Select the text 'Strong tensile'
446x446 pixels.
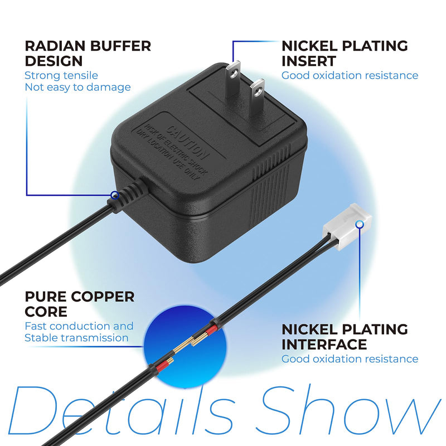pos(61,75)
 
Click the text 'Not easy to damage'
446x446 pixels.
pos(77,87)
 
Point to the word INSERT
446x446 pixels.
pos(309,61)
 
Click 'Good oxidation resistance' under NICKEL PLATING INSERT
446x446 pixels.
pos(350,75)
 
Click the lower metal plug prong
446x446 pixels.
pos(257,96)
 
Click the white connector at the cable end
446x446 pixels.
pos(347,226)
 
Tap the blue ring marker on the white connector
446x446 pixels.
pos(360,225)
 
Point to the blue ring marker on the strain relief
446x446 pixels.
pos(115,195)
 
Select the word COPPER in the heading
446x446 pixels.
pos(103,297)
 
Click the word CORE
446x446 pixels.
pos(46,312)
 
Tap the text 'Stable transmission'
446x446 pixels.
pos(76,338)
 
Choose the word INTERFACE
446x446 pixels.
pos(324,345)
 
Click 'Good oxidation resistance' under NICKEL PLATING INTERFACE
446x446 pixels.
pos(350,359)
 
